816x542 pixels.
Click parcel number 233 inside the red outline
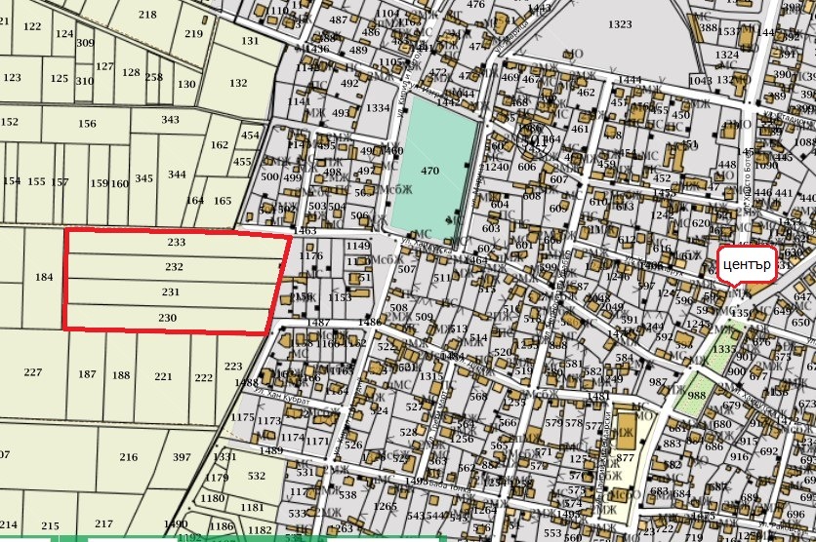tap(176, 242)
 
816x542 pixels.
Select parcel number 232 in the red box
tap(174, 266)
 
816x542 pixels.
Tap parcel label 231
tap(171, 291)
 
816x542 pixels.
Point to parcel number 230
tap(167, 317)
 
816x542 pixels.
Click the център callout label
tap(747, 264)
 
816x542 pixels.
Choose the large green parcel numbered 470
tap(430, 171)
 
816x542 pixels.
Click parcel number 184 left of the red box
tap(44, 278)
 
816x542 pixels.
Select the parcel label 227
tap(33, 371)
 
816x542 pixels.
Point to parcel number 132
tap(237, 83)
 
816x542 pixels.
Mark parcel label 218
tap(147, 15)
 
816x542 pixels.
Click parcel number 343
tap(171, 120)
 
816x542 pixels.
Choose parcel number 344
tap(177, 174)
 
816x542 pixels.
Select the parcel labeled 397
tap(182, 457)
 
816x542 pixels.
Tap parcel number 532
tap(257, 476)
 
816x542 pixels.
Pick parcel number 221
tap(163, 376)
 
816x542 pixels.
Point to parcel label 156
tap(88, 124)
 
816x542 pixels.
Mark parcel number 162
tap(219, 145)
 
